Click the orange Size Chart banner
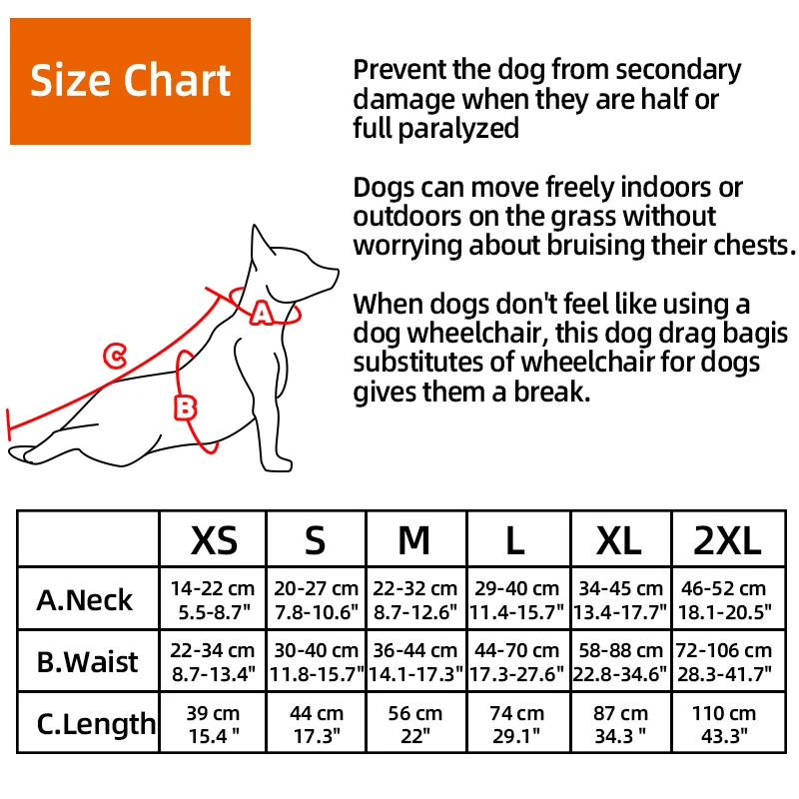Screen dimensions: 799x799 130,81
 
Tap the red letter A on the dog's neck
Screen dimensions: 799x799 261,314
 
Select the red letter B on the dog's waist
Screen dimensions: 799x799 187,406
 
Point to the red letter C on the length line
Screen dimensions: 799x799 115,355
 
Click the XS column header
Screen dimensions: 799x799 214,540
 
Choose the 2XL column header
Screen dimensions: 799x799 726,540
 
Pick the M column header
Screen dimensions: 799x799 413,540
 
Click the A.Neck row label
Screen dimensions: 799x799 85,599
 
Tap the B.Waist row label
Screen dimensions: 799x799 88,661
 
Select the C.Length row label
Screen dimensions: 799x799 96,723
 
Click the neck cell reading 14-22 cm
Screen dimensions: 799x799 214,599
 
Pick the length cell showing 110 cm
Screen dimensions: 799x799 726,724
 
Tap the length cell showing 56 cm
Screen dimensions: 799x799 413,724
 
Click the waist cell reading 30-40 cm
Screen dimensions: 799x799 316,661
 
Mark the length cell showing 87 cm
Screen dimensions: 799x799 619,724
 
